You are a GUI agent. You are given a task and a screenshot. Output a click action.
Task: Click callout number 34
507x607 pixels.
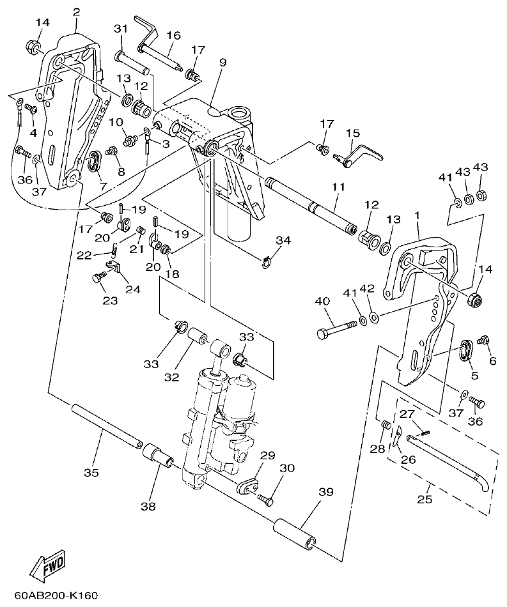[x=283, y=240]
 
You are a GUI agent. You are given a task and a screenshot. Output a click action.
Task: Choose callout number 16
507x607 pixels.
[x=173, y=35]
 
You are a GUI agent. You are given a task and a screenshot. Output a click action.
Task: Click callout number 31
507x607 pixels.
[x=121, y=29]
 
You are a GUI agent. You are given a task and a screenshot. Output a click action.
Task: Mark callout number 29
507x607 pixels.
[x=267, y=456]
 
